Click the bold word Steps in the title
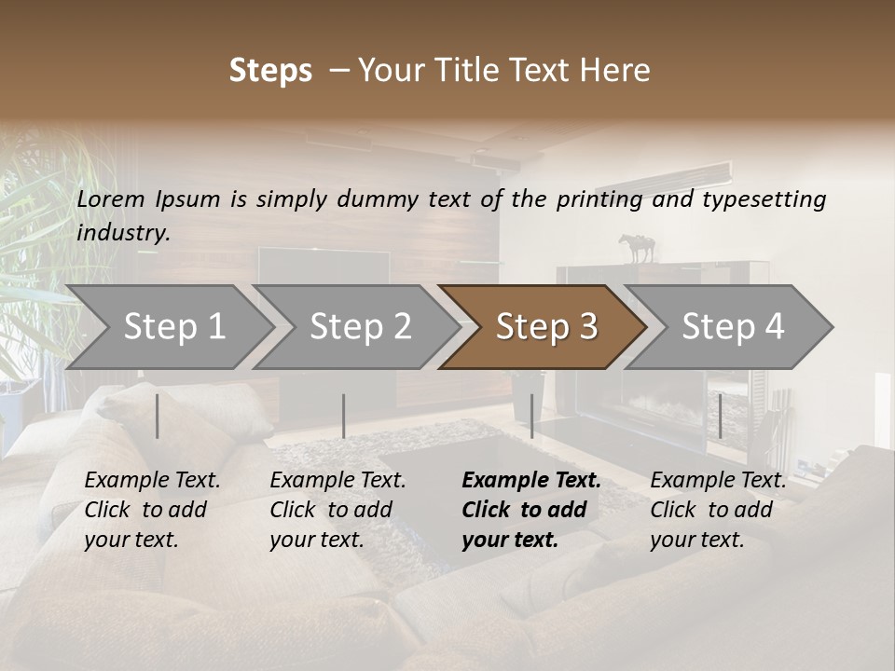tap(270, 71)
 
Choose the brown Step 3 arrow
tap(546, 326)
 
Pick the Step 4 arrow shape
tap(733, 326)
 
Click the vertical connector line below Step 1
tap(158, 416)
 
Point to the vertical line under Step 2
tap(344, 416)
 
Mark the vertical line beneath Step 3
tap(531, 416)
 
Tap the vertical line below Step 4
tap(720, 416)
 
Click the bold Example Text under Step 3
tap(531, 481)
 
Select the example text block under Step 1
tap(152, 510)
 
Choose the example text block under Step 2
tap(337, 510)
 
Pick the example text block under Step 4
tap(718, 510)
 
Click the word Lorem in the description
tap(111, 199)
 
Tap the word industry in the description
tap(122, 233)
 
